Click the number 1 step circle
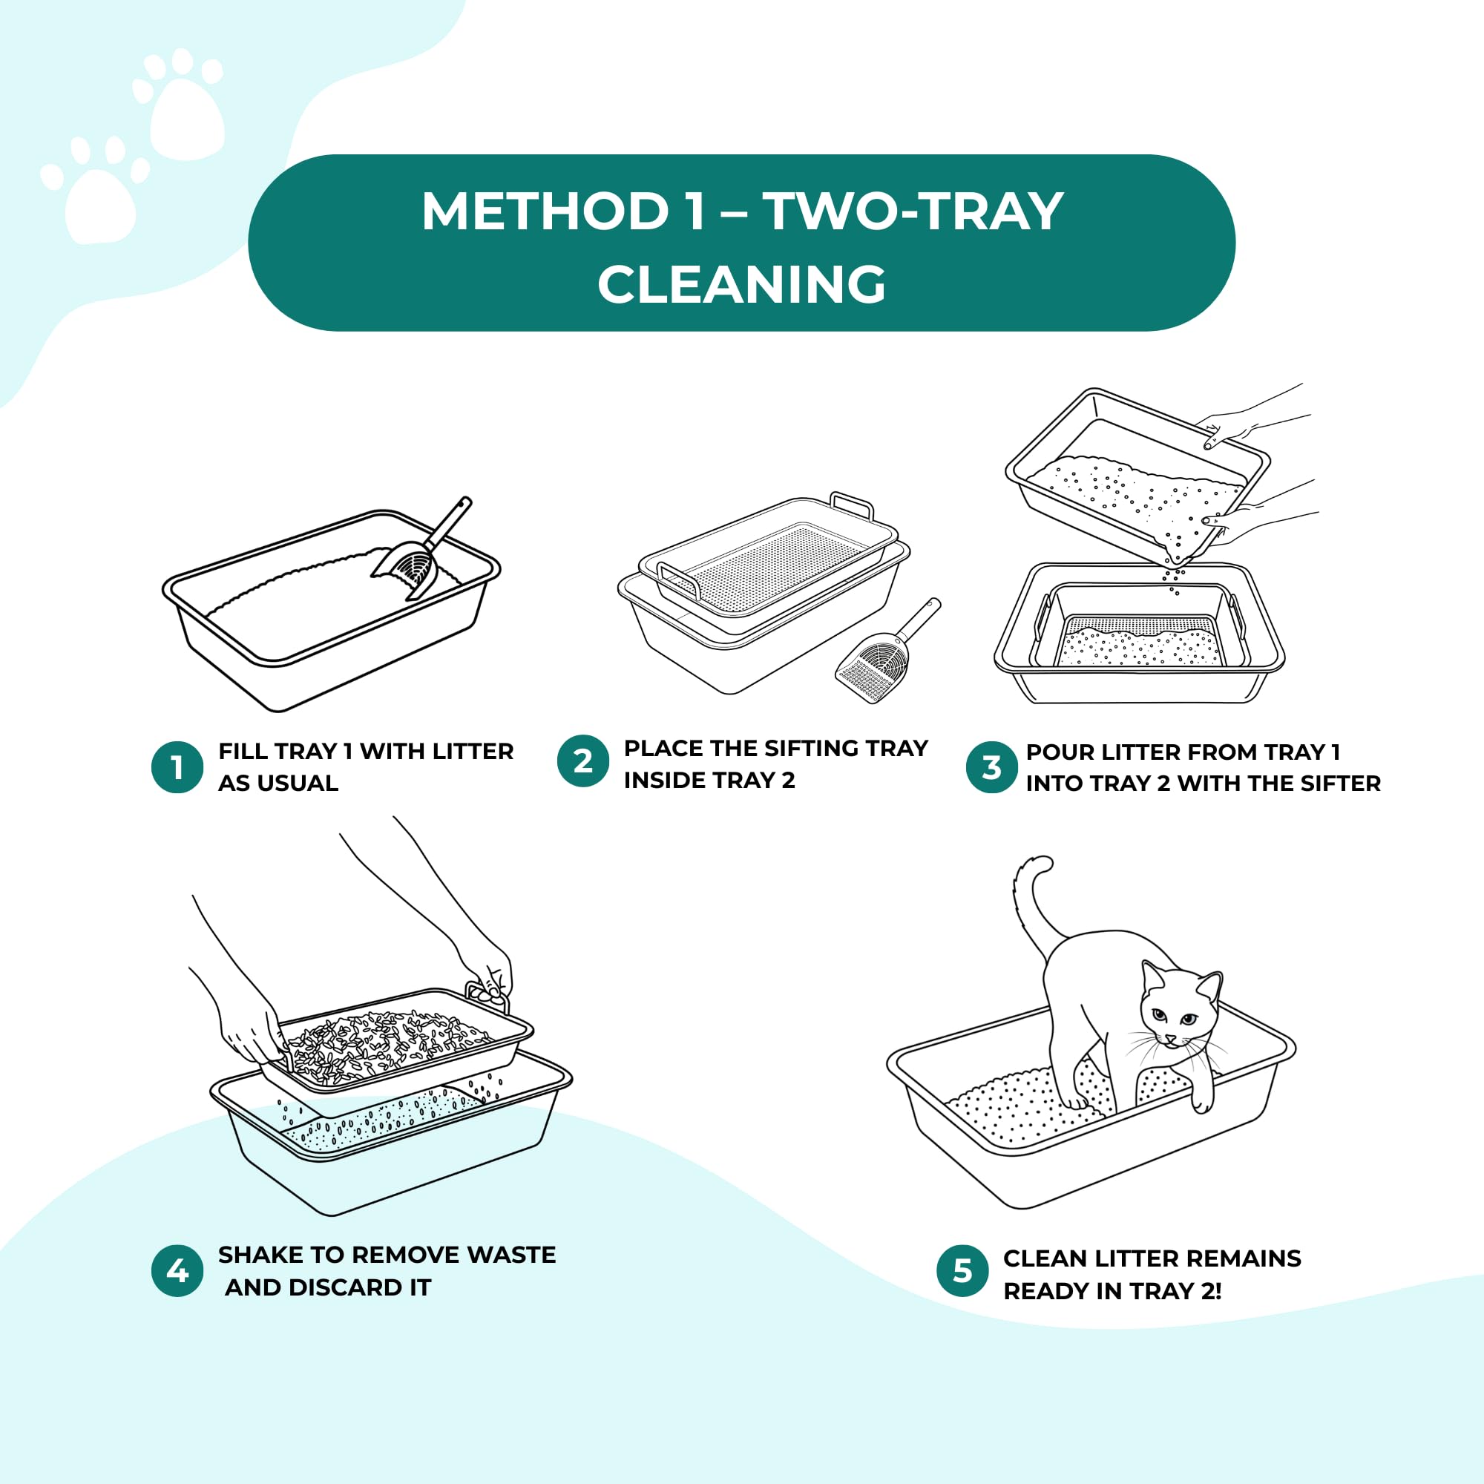(177, 767)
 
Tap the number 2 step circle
(583, 761)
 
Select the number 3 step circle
(991, 767)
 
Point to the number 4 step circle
(177, 1271)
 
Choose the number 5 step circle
(962, 1270)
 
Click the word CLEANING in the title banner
(741, 284)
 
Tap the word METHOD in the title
(545, 211)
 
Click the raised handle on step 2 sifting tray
(853, 503)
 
